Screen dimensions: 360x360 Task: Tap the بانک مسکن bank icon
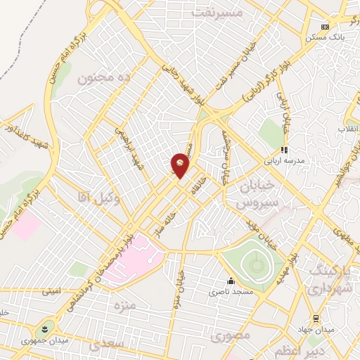coord(324,27)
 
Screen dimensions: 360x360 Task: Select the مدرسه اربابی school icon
coord(284,150)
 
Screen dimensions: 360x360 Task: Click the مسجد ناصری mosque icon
coord(231,281)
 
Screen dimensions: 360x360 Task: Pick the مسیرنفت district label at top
coord(217,13)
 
